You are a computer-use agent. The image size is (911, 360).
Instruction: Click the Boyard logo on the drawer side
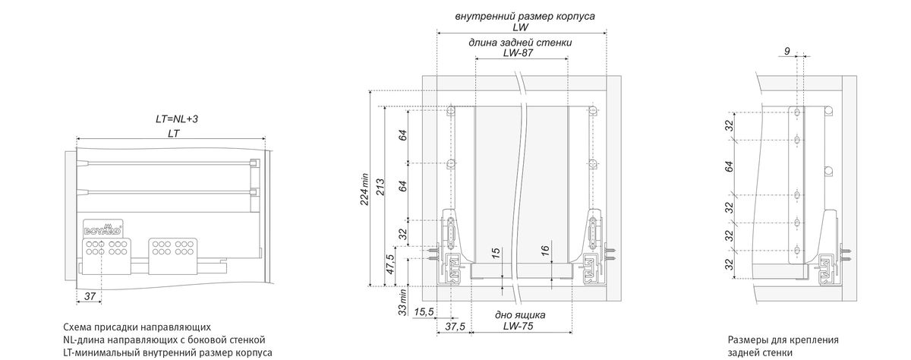103,229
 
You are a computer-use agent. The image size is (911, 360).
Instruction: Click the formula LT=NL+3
177,119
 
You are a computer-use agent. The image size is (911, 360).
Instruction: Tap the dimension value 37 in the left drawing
90,296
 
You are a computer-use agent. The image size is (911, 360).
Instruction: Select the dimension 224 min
364,189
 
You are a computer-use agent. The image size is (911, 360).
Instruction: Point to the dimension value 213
380,187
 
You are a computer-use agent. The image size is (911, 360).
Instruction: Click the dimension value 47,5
389,264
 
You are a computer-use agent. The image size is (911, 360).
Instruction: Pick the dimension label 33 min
402,302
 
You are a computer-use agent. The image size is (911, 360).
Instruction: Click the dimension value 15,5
424,312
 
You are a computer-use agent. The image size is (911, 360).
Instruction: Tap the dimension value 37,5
455,327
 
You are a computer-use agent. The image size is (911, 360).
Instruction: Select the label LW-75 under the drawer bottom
518,327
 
